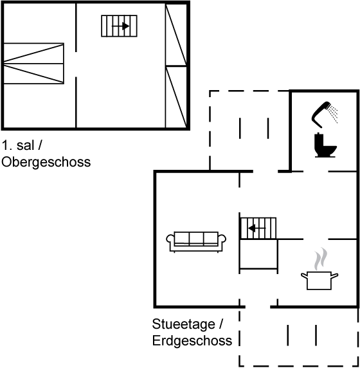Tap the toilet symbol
click(325, 145)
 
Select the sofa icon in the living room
click(196, 242)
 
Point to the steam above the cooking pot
click(320, 259)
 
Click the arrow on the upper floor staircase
click(121, 26)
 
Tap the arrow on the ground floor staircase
click(257, 228)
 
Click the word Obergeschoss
click(46, 162)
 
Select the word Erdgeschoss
click(192, 340)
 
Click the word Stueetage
click(184, 324)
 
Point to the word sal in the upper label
click(25, 145)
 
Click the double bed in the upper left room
click(33, 63)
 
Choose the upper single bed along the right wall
click(176, 35)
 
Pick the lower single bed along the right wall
click(176, 97)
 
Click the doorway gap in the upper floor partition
click(76, 64)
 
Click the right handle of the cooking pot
click(335, 275)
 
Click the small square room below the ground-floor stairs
click(258, 254)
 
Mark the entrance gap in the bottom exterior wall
click(258, 306)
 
